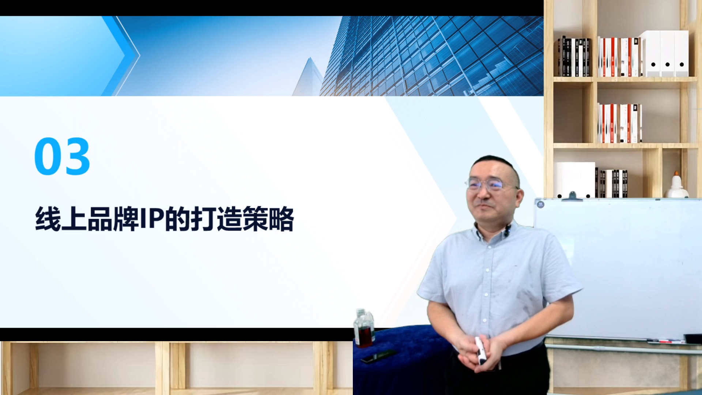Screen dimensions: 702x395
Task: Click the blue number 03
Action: click(62, 156)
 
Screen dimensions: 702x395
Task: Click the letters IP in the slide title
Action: click(152, 219)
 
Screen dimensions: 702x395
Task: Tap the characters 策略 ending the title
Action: click(268, 219)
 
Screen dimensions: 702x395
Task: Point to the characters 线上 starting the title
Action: click(61, 219)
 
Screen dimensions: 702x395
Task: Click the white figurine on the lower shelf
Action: click(676, 185)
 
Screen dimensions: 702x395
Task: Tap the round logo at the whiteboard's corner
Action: click(541, 204)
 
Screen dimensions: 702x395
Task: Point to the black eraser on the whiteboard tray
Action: click(693, 339)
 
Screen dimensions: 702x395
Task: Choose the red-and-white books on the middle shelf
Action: click(620, 123)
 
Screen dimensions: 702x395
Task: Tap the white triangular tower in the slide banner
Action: click(308, 77)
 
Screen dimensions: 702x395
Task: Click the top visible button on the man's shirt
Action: click(488, 247)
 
